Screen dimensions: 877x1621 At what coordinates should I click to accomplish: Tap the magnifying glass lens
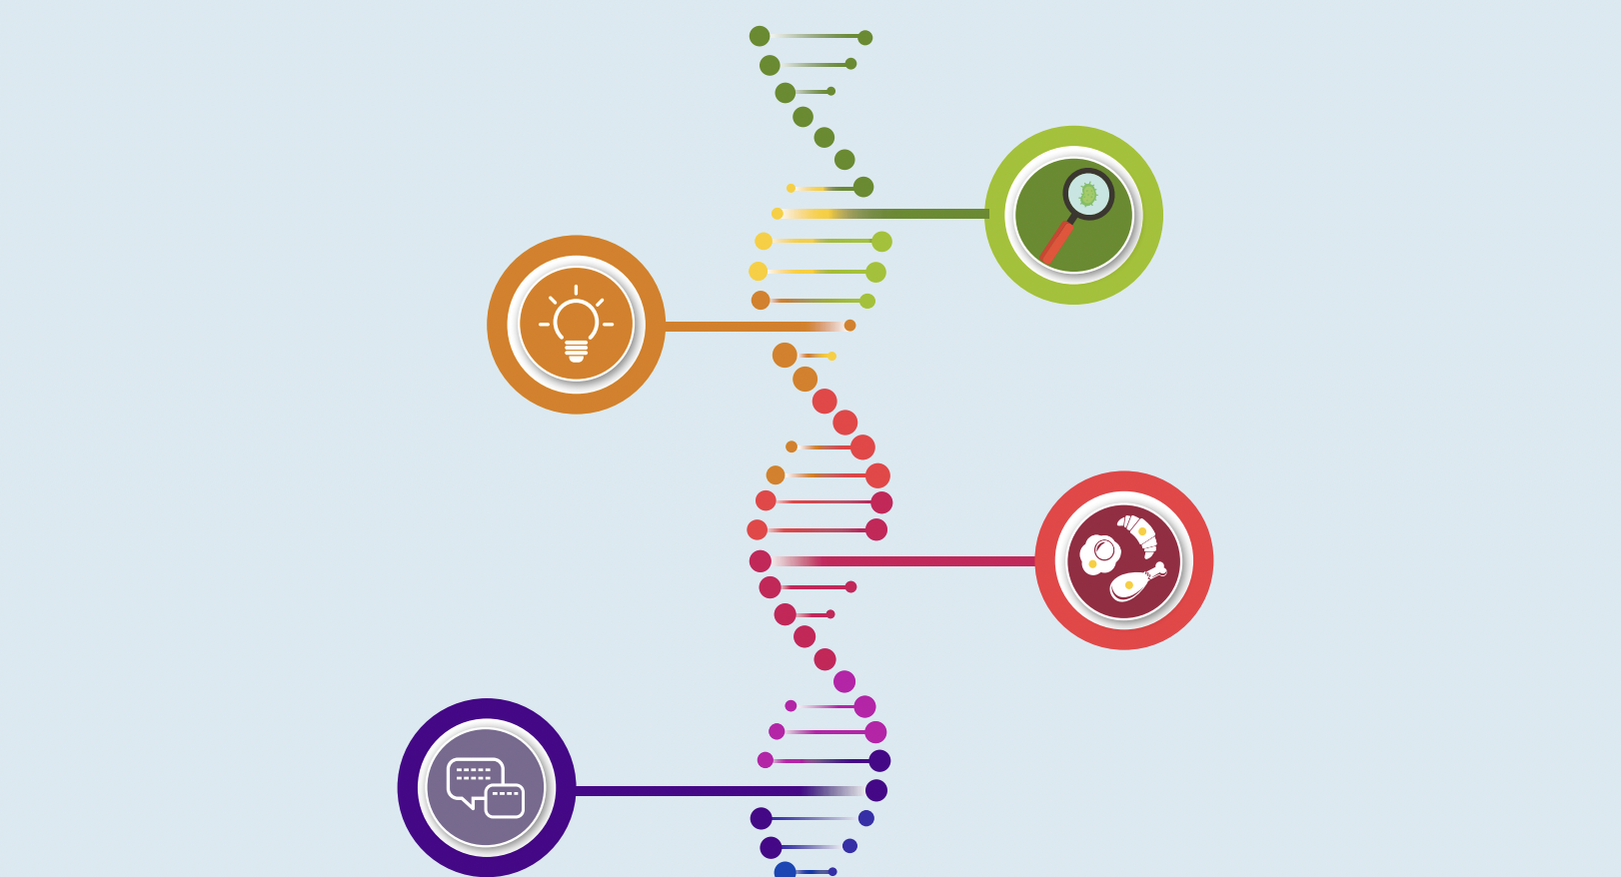[1087, 194]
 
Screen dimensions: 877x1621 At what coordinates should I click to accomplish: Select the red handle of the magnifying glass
[1055, 243]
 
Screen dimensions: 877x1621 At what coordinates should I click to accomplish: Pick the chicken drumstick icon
[1134, 584]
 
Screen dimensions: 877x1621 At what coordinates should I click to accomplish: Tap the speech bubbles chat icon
[486, 787]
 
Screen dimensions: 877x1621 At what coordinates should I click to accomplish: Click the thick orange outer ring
[498, 325]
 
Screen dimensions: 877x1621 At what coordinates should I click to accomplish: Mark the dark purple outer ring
[408, 787]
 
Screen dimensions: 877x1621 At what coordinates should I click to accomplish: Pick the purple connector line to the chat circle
[700, 791]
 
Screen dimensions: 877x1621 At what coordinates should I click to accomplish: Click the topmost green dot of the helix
[760, 36]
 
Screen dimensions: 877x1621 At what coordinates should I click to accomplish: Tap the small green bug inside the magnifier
[1088, 195]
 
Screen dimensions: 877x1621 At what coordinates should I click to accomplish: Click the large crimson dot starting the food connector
[761, 561]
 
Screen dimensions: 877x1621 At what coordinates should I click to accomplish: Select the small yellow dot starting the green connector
[778, 214]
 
